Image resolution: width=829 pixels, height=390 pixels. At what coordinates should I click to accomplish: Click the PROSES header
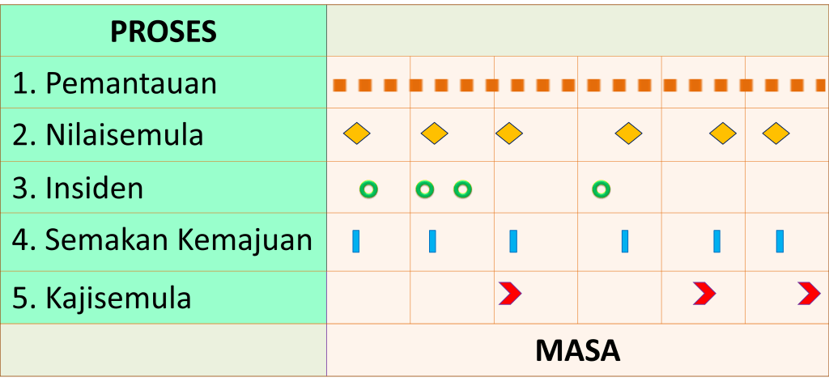point(164,32)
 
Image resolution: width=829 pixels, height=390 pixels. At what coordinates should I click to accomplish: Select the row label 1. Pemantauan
point(114,83)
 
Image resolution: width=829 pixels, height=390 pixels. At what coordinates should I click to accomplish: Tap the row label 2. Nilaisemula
point(108,135)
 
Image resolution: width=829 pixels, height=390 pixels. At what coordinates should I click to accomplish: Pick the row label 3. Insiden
point(78,189)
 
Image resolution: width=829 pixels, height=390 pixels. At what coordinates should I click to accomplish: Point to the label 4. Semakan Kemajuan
point(162,240)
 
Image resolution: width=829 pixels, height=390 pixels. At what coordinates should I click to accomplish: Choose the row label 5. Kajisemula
point(102,298)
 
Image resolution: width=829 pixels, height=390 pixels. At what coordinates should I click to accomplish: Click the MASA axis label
point(577,350)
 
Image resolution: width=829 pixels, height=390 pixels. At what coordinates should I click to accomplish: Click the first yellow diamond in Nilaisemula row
point(356,134)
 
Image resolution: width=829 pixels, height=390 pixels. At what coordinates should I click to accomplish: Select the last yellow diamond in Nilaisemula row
point(776,134)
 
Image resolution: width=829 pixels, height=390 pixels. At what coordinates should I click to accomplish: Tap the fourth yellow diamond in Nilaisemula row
point(628,134)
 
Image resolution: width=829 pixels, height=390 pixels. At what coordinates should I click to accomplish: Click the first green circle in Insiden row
point(368,189)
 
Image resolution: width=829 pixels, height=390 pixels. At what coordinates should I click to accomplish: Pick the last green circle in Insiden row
point(601,189)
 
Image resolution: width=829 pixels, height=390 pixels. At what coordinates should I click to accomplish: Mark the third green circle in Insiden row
point(462,189)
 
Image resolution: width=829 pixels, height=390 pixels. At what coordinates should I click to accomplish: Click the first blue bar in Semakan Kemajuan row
point(355,241)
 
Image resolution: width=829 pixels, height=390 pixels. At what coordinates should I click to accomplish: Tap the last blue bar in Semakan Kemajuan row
point(780,241)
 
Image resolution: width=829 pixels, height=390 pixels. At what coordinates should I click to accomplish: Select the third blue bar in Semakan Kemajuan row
point(512,241)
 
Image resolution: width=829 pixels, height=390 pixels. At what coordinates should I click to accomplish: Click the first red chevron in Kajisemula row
point(509,294)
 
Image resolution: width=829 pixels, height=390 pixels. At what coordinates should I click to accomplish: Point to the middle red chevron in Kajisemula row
point(704,294)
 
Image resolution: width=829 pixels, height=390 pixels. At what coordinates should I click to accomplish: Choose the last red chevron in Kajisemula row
point(808,294)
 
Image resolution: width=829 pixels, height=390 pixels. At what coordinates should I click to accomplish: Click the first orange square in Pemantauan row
point(340,85)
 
